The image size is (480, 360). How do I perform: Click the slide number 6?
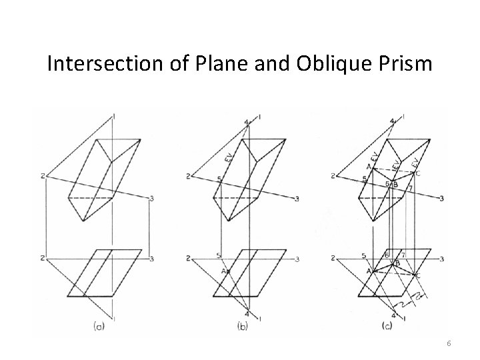click(449, 343)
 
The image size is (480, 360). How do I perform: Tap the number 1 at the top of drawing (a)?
click(114, 117)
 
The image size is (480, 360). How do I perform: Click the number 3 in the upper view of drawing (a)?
click(153, 199)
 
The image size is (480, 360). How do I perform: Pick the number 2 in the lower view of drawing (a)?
click(43, 258)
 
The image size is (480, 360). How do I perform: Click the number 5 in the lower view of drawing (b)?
click(218, 255)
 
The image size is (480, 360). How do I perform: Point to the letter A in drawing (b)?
click(223, 271)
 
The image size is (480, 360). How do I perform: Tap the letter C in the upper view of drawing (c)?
click(417, 174)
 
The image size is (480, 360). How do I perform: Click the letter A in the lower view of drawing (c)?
click(367, 271)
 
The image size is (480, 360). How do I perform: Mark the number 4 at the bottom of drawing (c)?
click(393, 315)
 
